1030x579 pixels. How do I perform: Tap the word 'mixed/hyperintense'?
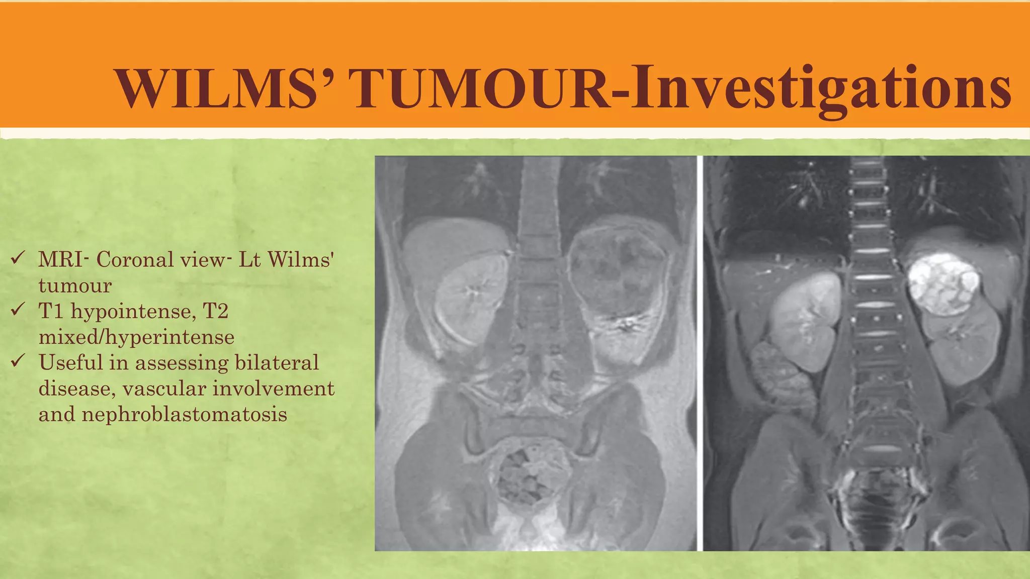(136, 337)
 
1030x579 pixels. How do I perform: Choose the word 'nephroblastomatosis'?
(162, 414)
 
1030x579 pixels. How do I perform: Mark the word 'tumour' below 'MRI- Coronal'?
(75, 285)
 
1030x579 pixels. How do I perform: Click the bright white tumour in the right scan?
(943, 284)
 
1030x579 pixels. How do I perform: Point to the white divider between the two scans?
(700, 352)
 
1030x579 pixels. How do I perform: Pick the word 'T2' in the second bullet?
(215, 311)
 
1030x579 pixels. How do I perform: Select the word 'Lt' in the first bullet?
(249, 260)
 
